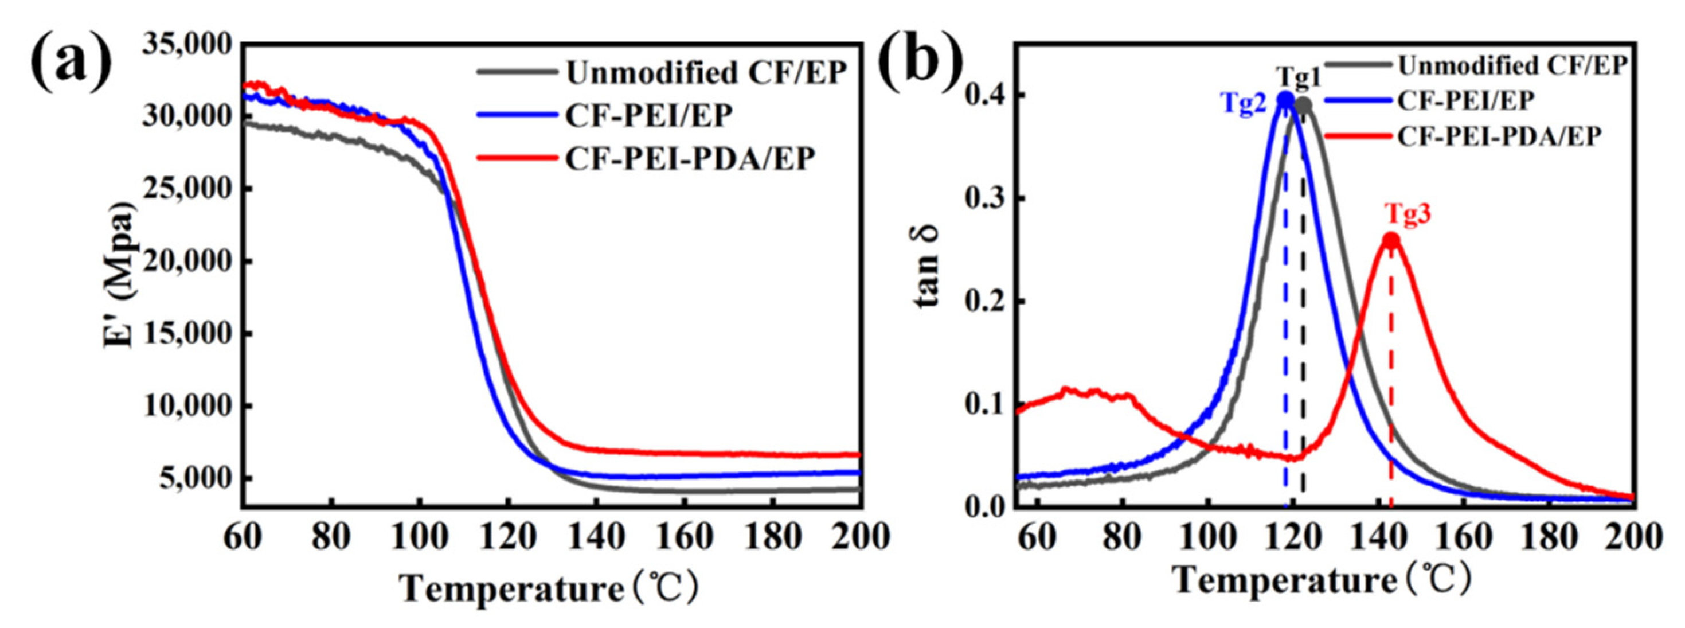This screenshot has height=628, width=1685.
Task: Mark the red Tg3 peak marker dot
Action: coord(1391,241)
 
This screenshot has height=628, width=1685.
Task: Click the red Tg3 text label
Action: coord(1407,213)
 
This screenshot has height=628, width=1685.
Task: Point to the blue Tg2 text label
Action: coord(1243,103)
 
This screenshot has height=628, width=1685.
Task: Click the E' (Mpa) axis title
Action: coord(120,275)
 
